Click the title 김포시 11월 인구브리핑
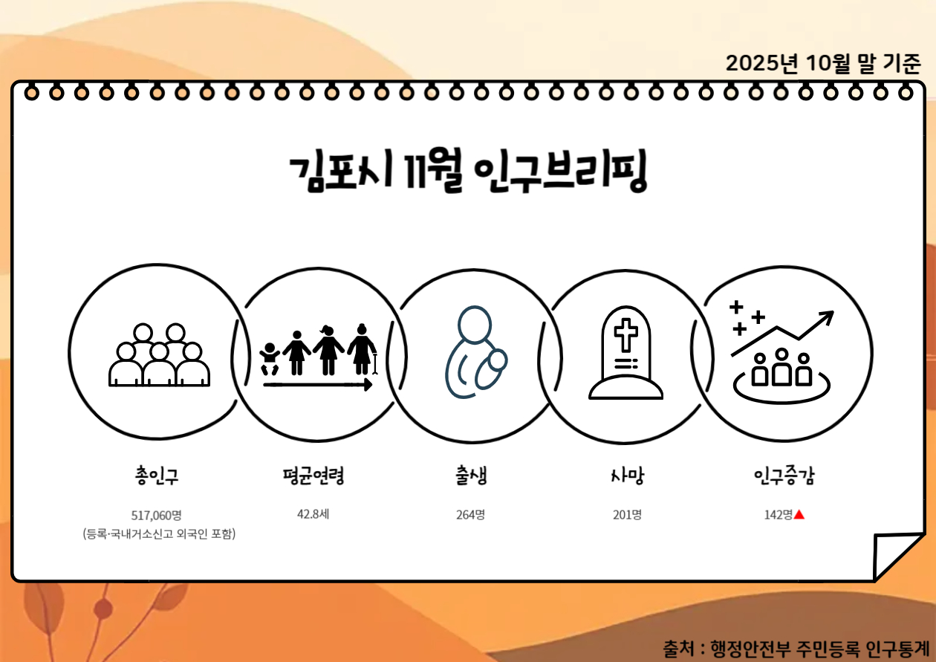(x=468, y=174)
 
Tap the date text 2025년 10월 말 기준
(x=823, y=63)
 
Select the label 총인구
(x=157, y=476)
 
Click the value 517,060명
(x=157, y=514)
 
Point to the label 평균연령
(x=313, y=476)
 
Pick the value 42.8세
(x=313, y=513)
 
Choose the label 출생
(x=472, y=476)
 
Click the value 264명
(x=471, y=514)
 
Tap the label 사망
(x=625, y=476)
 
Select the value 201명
(x=627, y=514)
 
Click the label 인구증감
(x=784, y=476)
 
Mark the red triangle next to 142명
(x=799, y=514)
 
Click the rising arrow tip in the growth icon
(x=828, y=316)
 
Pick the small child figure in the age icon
(x=270, y=358)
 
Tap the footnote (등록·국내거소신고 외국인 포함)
(x=159, y=534)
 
